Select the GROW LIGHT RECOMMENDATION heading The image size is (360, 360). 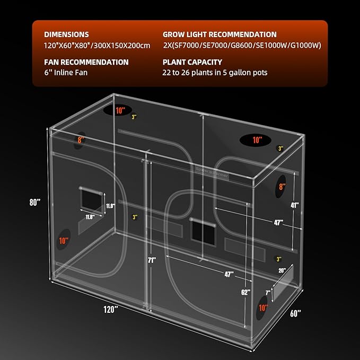[x=219, y=34]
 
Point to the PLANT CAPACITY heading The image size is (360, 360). [x=192, y=62]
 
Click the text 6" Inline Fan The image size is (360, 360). [x=66, y=73]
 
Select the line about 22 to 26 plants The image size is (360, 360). [x=215, y=73]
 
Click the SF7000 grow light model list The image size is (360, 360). [x=242, y=45]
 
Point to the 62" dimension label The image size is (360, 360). [x=244, y=291]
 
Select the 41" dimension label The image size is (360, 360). [x=294, y=205]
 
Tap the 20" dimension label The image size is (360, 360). [x=282, y=270]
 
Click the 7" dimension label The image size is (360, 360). [x=269, y=291]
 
